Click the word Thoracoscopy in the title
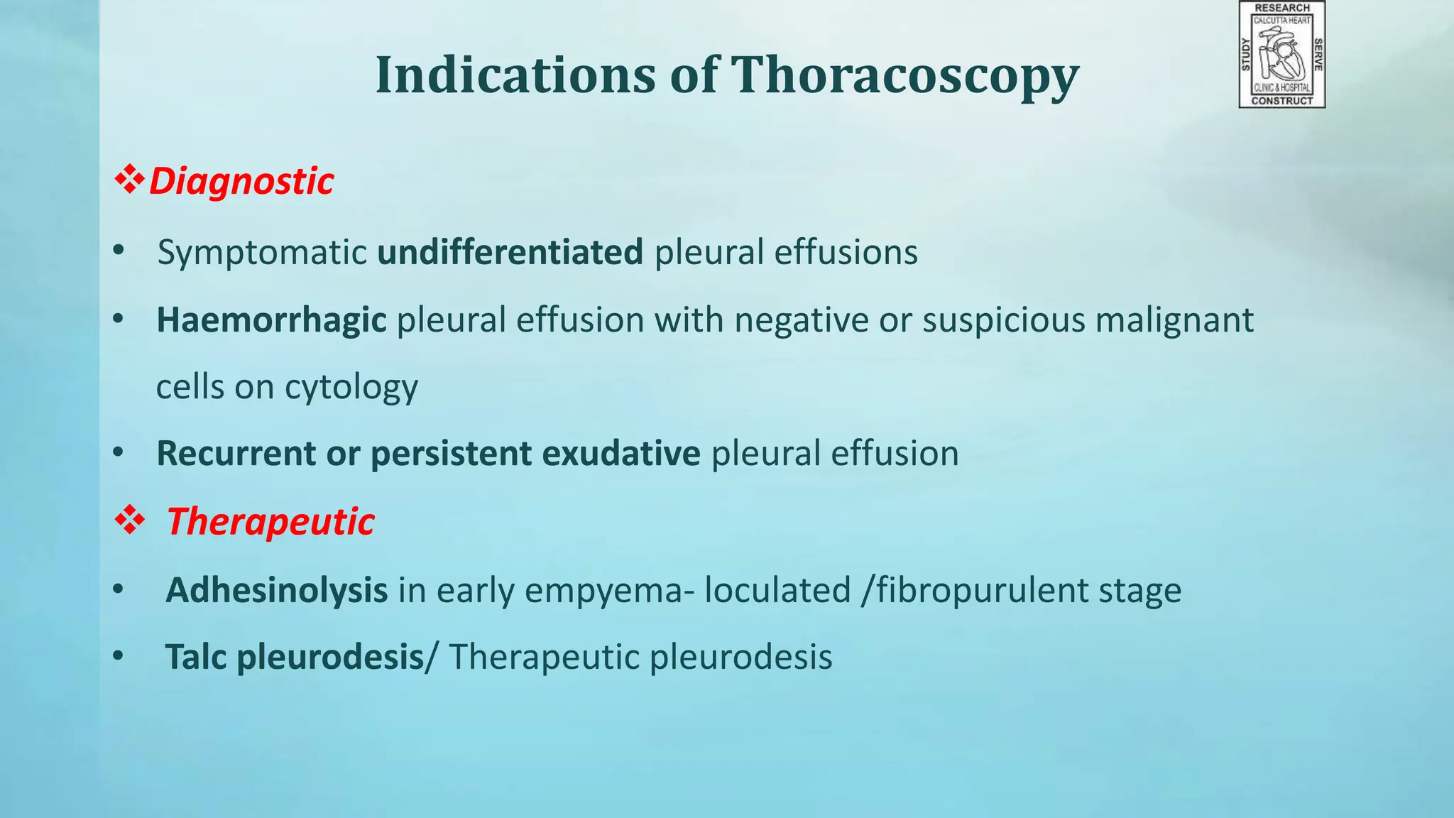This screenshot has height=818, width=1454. [x=904, y=75]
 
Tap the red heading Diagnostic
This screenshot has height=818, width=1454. [x=241, y=181]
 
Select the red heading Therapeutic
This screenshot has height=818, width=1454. [x=270, y=522]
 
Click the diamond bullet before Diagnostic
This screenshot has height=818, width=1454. [x=130, y=180]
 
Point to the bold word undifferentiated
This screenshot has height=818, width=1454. [x=510, y=252]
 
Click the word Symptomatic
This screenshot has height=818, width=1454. [x=262, y=253]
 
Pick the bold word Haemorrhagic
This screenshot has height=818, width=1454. [x=271, y=320]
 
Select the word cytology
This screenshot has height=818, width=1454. [x=351, y=388]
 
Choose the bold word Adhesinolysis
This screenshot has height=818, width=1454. [x=276, y=590]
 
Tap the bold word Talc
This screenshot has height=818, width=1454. [x=195, y=657]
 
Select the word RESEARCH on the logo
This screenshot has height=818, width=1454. [x=1282, y=8]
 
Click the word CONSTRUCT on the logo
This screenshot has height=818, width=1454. [x=1282, y=101]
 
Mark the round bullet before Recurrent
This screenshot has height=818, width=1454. [x=118, y=452]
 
